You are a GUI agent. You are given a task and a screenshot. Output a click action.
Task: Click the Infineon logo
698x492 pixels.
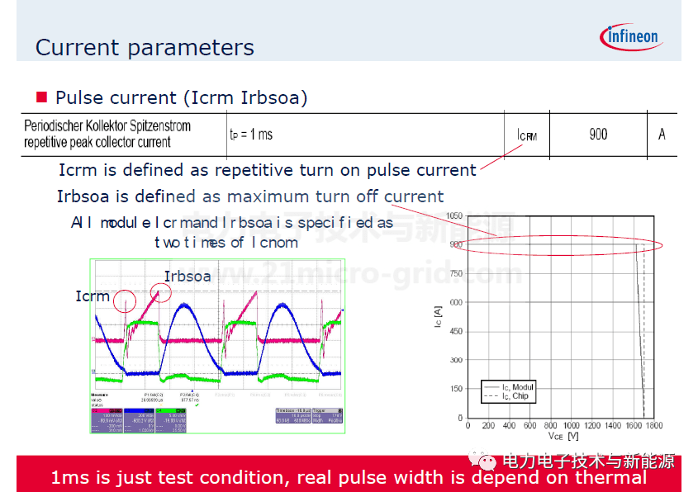629,37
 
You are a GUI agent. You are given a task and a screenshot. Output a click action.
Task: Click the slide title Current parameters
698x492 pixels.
145,48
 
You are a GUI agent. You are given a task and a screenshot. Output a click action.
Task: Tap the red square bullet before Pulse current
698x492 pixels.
41,97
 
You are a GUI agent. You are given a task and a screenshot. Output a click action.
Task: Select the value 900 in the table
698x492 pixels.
598,135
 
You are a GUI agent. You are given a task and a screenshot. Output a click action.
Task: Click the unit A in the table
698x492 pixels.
662,135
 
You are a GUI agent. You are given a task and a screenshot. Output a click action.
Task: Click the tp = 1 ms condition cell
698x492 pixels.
250,135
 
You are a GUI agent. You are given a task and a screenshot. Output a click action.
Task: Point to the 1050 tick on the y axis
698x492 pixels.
453,215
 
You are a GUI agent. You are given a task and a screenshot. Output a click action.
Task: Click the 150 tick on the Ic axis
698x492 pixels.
456,389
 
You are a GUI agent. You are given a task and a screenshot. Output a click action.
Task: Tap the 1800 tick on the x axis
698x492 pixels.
653,425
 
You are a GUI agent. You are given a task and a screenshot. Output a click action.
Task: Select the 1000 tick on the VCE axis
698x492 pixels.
571,425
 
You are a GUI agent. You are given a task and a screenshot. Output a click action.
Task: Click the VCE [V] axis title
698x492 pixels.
561,435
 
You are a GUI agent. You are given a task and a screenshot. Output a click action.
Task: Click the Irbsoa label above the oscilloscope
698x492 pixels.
187,277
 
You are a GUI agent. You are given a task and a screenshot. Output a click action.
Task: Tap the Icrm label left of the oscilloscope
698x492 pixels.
92,296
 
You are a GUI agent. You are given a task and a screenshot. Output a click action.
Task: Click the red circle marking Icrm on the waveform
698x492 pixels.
126,300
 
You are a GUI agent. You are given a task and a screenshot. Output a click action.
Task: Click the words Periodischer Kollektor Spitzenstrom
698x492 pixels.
107,126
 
